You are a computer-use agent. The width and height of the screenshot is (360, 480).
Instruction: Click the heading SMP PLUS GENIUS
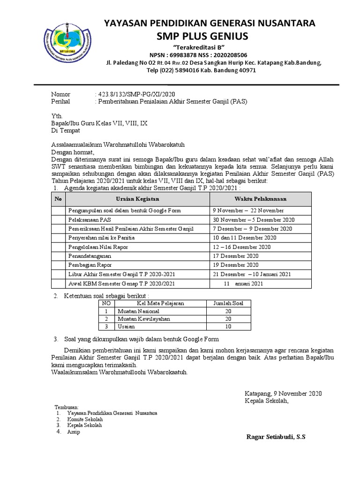[x=209, y=36]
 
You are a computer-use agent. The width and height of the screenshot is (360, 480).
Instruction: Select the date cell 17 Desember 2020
[x=236, y=256]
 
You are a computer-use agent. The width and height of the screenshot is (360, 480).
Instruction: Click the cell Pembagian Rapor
[x=90, y=265]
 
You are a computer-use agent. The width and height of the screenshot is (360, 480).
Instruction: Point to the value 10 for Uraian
[x=228, y=326]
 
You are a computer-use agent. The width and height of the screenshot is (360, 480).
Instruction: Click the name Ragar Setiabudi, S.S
[x=276, y=437]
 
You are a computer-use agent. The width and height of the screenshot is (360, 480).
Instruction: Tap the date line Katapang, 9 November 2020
[x=282, y=393]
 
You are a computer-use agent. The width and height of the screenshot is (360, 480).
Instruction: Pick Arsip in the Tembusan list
[x=74, y=432]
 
